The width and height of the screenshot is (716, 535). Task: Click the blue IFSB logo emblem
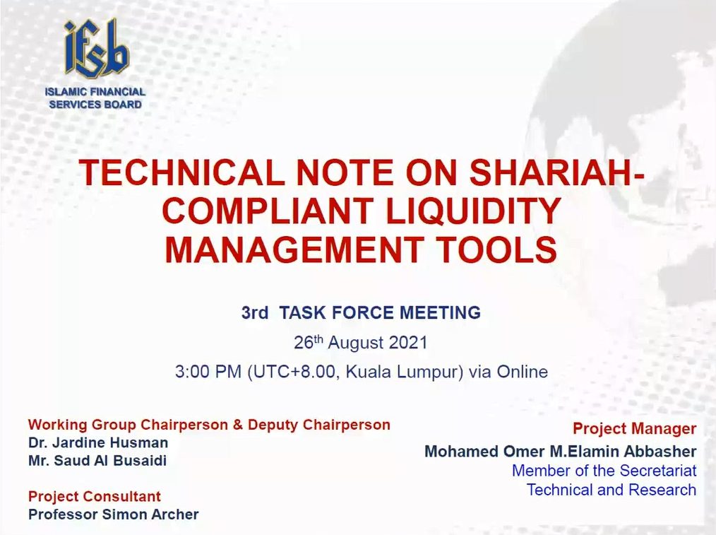tap(96, 49)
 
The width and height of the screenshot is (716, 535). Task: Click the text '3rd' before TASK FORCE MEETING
tap(254, 313)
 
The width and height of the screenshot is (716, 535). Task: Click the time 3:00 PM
tap(208, 372)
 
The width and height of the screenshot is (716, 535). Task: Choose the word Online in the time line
tap(522, 372)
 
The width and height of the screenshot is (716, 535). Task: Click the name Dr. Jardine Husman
tap(98, 442)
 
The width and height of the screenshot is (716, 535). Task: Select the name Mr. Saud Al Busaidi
tap(97, 461)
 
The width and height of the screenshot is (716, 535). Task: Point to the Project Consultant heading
tap(95, 496)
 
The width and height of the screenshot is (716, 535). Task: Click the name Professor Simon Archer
tap(113, 515)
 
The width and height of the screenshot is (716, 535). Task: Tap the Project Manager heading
tap(635, 428)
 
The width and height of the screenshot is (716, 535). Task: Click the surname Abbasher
tap(660, 452)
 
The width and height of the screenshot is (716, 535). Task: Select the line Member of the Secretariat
tap(604, 471)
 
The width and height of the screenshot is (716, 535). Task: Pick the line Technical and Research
tap(612, 490)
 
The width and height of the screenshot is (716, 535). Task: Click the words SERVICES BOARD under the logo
tap(95, 105)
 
